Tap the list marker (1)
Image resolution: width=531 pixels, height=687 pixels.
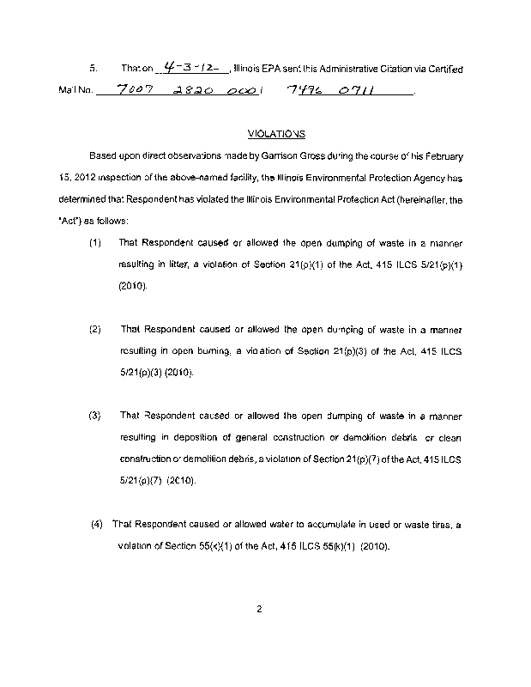pyautogui.click(x=95, y=244)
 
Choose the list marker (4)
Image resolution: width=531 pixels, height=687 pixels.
pyautogui.click(x=97, y=524)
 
